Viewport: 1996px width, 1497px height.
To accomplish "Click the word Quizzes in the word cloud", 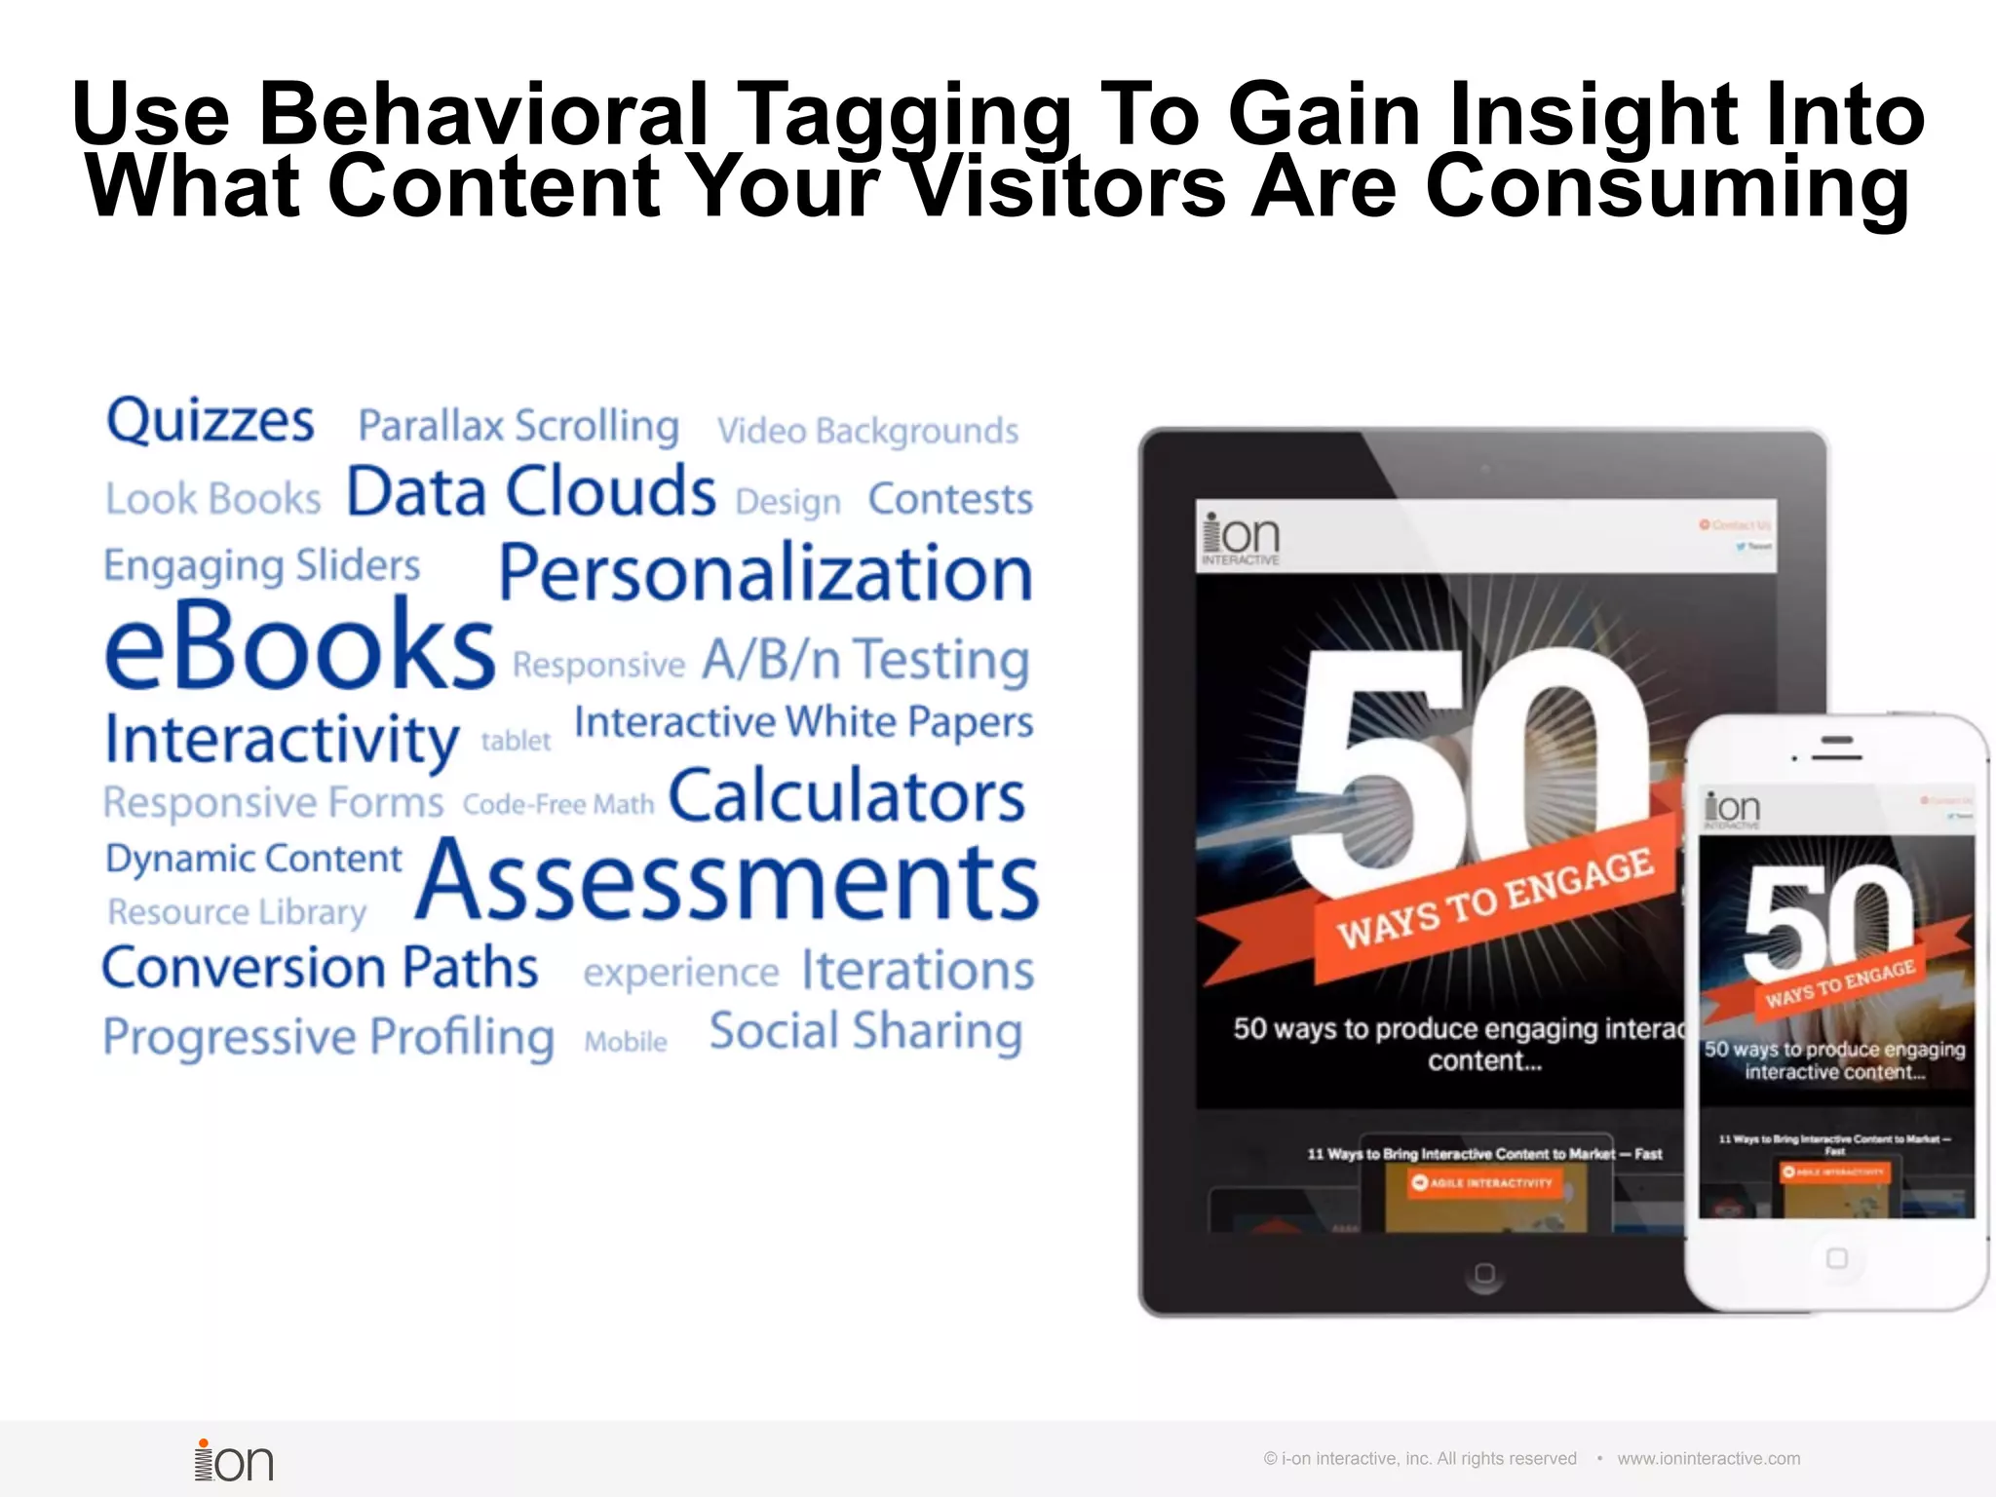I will tap(211, 421).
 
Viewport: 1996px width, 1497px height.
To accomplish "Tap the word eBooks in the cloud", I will tap(300, 645).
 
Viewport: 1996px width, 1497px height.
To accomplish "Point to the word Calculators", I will tap(846, 795).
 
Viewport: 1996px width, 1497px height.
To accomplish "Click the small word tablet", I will tap(516, 741).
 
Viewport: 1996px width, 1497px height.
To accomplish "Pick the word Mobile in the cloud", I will tap(626, 1041).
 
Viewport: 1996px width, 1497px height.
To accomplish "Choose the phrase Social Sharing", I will tap(865, 1031).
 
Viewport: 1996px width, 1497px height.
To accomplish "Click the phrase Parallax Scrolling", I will tap(518, 426).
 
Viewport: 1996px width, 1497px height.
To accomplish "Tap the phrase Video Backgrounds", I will tap(867, 430).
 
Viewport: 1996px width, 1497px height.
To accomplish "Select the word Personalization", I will tap(765, 573).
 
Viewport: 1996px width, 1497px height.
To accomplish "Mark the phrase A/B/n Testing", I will tap(865, 659).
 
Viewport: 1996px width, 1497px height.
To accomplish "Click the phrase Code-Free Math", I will tap(558, 804).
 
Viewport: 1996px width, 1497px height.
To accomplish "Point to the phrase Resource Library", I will tap(237, 912).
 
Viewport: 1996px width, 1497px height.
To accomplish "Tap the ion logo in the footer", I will tap(234, 1461).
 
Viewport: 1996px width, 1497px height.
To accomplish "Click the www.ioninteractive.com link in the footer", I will tap(1708, 1458).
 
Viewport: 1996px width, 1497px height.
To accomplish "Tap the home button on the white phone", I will tap(1836, 1258).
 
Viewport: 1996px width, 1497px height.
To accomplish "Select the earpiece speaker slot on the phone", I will tap(1837, 756).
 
